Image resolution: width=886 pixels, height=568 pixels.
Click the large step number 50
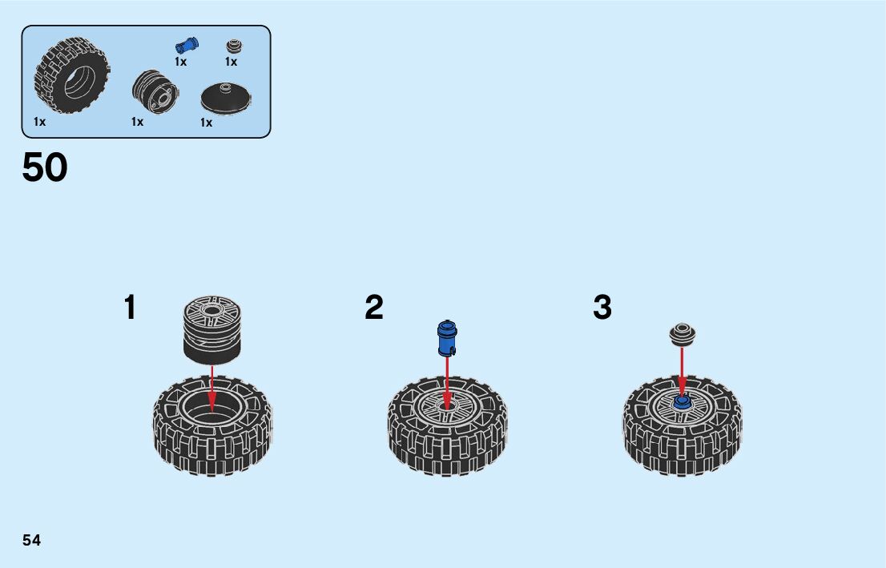tap(45, 168)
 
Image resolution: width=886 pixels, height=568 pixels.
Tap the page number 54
tap(32, 540)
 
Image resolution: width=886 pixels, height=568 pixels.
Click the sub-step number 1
tap(130, 308)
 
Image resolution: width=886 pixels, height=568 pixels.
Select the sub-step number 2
tap(374, 308)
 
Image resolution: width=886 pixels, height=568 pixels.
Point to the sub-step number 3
tap(602, 308)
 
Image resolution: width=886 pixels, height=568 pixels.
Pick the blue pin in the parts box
tap(187, 45)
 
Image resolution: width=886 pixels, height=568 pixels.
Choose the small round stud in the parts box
tap(233, 46)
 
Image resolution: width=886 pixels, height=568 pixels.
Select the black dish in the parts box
tap(226, 99)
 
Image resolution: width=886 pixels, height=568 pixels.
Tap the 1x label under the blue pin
tap(181, 62)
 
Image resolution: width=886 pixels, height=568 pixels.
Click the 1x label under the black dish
tap(207, 123)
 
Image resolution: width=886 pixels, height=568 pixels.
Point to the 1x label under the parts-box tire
tap(40, 122)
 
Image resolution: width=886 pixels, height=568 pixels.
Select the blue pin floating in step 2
tap(445, 337)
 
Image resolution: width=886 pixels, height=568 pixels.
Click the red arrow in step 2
tap(447, 381)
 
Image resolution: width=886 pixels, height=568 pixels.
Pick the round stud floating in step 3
tap(682, 332)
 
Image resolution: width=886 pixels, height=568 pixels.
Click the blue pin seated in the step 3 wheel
tap(682, 401)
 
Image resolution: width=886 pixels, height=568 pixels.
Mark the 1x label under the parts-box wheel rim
tap(138, 122)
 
